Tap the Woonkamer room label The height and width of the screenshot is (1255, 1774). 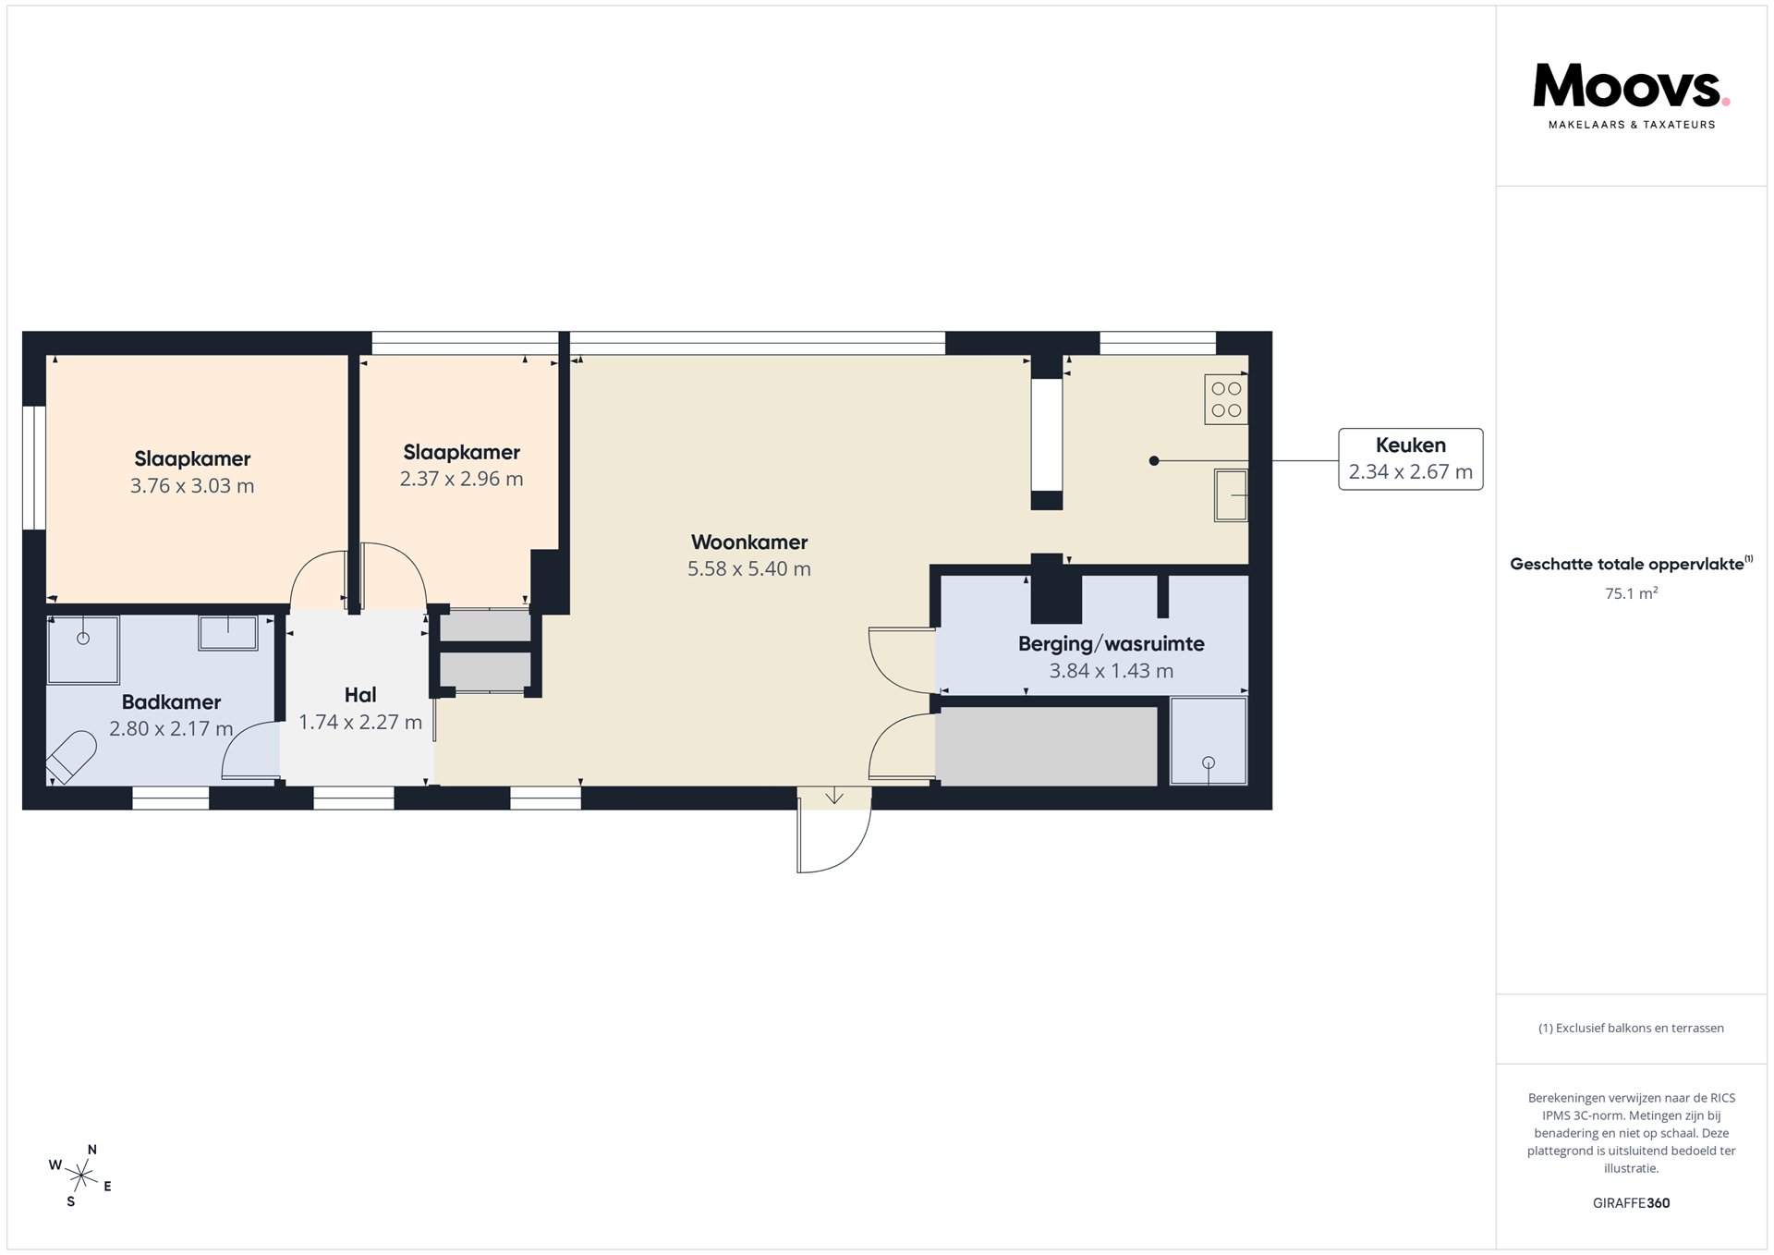click(749, 542)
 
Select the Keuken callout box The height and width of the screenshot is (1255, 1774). click(1410, 458)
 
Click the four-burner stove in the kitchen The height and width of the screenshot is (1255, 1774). click(1226, 399)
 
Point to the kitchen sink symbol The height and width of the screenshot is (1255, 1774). click(1231, 495)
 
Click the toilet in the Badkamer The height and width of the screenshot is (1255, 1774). click(72, 756)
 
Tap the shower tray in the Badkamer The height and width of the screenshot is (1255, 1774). click(83, 650)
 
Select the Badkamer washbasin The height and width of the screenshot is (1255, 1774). click(228, 633)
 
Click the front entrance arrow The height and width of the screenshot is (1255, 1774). click(834, 796)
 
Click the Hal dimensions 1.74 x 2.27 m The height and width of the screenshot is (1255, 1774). click(360, 723)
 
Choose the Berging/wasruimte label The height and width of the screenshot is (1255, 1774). click(1112, 644)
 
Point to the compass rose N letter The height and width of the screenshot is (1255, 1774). click(92, 1150)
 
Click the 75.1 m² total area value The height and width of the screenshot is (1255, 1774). click(1631, 593)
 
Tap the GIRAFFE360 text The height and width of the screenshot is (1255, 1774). click(1631, 1203)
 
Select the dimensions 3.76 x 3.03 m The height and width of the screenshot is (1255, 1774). click(192, 486)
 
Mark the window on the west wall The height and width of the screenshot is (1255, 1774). click(34, 468)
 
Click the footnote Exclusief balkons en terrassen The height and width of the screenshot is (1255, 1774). click(1631, 1029)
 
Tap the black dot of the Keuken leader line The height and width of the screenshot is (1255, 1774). click(1154, 460)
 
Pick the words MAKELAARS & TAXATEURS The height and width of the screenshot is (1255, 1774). click(1632, 125)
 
